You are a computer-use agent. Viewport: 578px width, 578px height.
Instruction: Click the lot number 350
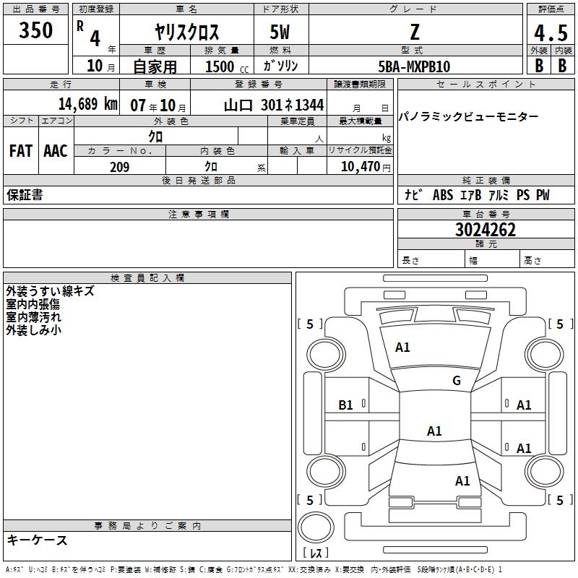(x=35, y=30)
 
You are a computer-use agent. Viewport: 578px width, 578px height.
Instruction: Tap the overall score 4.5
(x=551, y=33)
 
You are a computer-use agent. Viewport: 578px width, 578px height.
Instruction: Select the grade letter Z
(x=415, y=32)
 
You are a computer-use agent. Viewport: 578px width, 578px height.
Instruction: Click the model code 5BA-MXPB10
(x=414, y=66)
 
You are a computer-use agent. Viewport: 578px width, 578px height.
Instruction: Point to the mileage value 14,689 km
(x=88, y=103)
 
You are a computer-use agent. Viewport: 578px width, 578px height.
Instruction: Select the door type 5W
(x=280, y=32)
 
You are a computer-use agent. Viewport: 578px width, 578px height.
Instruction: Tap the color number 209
(x=120, y=167)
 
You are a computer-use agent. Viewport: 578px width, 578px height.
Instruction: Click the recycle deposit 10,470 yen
(x=366, y=167)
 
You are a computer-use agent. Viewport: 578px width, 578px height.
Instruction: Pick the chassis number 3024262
(x=486, y=230)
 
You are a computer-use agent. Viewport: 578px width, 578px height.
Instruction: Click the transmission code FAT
(x=21, y=151)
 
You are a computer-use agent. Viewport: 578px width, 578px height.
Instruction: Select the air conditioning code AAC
(x=56, y=151)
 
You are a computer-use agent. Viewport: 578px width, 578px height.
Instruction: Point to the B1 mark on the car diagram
(x=345, y=405)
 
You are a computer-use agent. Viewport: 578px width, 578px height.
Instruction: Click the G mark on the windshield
(x=457, y=380)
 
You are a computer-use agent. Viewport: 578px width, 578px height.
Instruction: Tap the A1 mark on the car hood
(x=402, y=347)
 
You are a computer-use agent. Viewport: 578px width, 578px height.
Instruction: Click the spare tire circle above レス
(x=316, y=527)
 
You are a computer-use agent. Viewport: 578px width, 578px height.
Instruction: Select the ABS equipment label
(x=443, y=194)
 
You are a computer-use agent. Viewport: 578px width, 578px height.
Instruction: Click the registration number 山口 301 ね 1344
(x=274, y=105)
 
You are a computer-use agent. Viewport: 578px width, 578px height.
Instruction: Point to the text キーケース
(x=38, y=540)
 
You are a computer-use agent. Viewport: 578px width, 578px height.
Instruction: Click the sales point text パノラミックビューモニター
(x=468, y=117)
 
